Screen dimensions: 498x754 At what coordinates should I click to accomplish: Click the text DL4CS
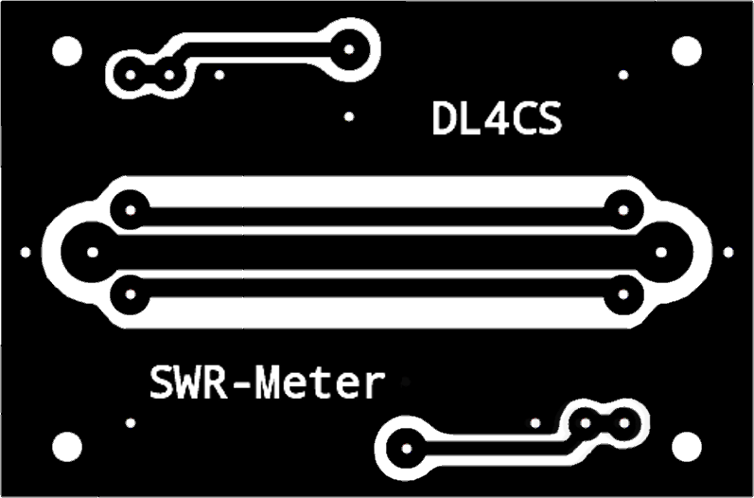coord(497,119)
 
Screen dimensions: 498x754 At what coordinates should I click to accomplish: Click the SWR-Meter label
coord(268,384)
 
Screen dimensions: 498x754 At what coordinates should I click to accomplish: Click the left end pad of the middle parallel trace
coord(92,252)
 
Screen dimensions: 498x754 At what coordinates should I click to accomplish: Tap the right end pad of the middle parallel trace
coord(661,252)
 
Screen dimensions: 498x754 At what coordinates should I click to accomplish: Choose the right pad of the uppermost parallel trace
coord(622,209)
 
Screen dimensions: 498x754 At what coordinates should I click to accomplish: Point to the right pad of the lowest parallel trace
coord(622,294)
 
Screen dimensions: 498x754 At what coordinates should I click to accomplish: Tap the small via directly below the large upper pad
coord(350,116)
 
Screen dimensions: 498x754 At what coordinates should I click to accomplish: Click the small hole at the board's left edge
coord(26,252)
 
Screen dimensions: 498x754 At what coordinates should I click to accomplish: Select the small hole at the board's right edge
coord(728,252)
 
